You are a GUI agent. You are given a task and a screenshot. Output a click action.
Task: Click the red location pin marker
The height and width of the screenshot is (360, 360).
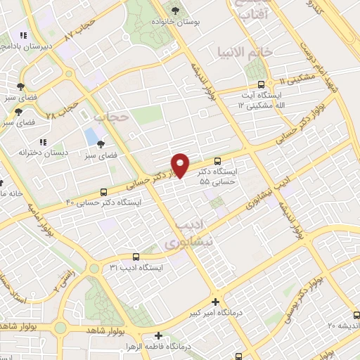(x=181, y=165)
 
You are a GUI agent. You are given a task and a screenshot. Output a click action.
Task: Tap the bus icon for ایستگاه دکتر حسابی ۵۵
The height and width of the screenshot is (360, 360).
(x=218, y=161)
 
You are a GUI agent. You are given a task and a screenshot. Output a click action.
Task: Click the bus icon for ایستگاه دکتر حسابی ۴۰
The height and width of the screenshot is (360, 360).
(x=104, y=192)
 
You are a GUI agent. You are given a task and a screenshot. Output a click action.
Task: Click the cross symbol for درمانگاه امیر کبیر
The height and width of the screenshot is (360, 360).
(x=216, y=301)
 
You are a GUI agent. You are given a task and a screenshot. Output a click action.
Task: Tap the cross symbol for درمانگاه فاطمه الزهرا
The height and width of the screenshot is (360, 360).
(x=139, y=336)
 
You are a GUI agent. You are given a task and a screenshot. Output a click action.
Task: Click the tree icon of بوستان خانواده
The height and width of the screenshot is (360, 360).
(x=175, y=11)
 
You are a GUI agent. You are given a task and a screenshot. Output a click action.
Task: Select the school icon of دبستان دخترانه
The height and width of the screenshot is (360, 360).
(x=44, y=141)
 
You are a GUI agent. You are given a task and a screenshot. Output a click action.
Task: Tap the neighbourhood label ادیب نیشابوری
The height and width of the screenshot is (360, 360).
(x=188, y=233)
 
